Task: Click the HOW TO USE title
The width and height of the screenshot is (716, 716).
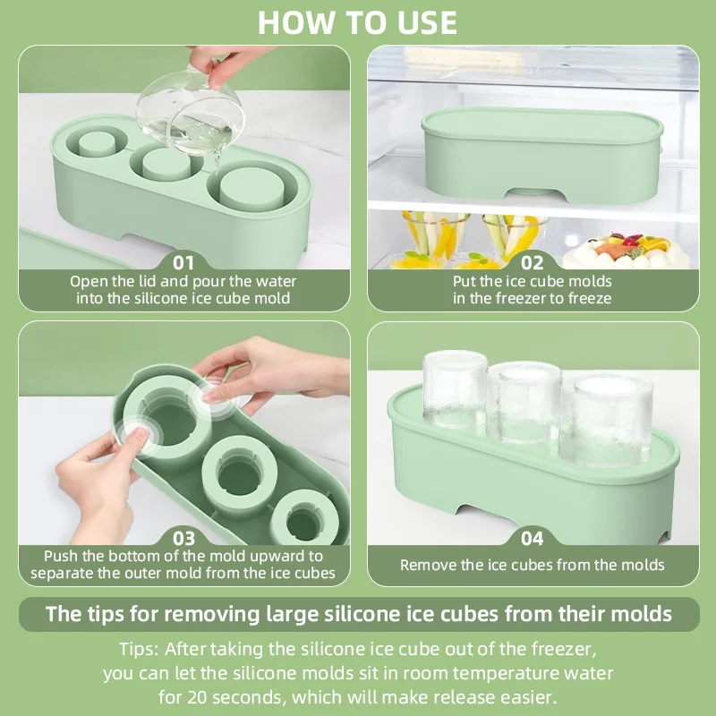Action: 358,21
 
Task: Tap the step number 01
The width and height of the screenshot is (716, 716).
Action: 183,262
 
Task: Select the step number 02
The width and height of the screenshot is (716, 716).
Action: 533,262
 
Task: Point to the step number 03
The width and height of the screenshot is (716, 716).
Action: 183,538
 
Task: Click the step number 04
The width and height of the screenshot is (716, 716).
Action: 533,538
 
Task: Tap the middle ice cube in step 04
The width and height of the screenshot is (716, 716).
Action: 528,403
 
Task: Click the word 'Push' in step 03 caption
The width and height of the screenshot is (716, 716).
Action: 61,556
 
